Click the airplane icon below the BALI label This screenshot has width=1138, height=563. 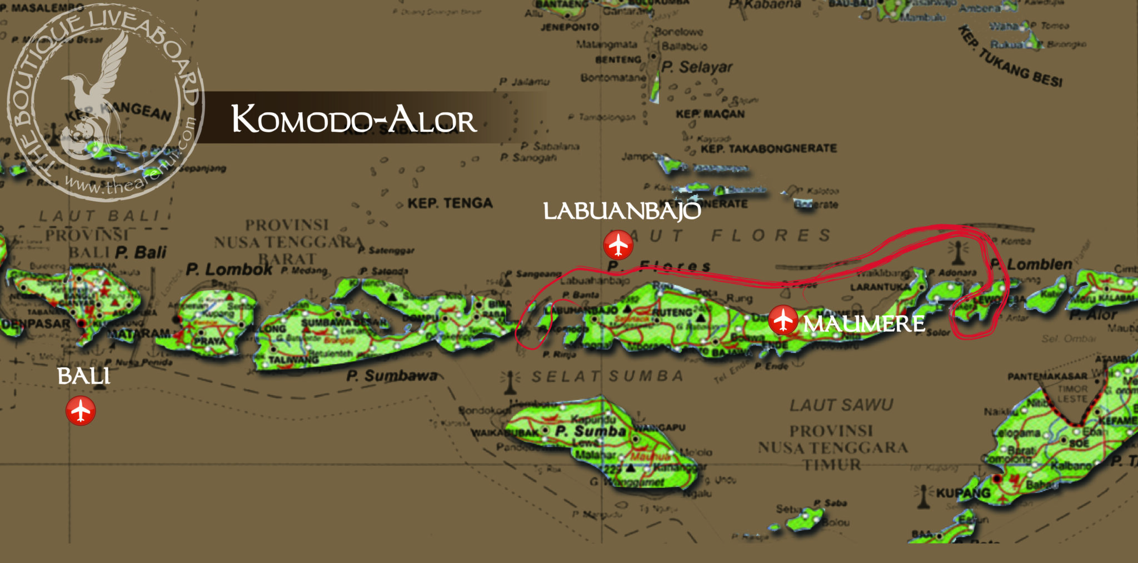(x=81, y=411)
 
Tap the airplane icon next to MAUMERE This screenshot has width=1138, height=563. (x=783, y=320)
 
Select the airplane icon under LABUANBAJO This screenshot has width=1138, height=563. (x=618, y=245)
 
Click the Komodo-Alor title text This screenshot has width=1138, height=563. (x=354, y=119)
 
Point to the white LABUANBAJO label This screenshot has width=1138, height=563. (x=622, y=211)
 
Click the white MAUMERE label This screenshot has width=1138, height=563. (x=864, y=323)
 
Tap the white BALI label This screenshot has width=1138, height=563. (x=84, y=376)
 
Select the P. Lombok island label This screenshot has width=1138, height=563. (x=229, y=270)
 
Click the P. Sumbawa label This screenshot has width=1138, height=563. (x=392, y=376)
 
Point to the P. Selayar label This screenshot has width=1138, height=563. (x=697, y=67)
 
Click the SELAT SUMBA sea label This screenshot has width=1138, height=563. (x=607, y=377)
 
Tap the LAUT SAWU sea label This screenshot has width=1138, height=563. (x=841, y=405)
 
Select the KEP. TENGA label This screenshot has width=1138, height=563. (x=450, y=203)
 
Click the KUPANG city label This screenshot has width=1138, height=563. (x=963, y=493)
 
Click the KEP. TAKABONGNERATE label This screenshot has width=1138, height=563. (x=768, y=149)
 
